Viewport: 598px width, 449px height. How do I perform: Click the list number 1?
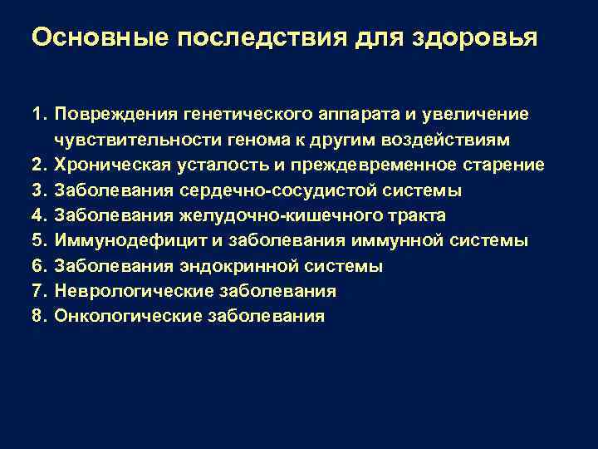[x=39, y=112]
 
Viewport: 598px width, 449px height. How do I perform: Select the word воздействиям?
[x=456, y=138]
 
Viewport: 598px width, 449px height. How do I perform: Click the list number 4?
[x=39, y=216]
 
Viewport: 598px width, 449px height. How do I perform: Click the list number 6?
[x=39, y=267]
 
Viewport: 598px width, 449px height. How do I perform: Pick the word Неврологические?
[x=125, y=292]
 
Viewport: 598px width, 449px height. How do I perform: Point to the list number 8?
[x=39, y=317]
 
